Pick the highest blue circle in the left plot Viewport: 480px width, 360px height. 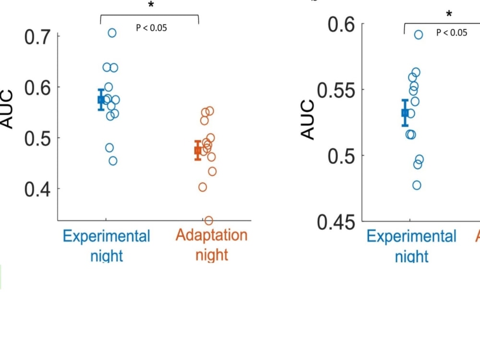pos(112,33)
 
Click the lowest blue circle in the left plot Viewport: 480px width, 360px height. pos(113,161)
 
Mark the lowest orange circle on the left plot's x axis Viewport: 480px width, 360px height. pos(209,221)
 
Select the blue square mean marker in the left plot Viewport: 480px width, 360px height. pos(101,99)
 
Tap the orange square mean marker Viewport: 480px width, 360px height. pos(198,150)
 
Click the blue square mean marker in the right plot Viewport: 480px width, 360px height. pos(405,113)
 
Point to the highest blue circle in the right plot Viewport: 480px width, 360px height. pos(419,35)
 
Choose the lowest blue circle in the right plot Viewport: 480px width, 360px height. pos(417,185)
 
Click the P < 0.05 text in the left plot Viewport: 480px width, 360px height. pos(151,28)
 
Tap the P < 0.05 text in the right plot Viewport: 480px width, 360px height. pos(451,33)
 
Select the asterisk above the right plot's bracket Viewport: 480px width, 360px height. pos(449,14)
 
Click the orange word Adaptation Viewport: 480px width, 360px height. pos(212,235)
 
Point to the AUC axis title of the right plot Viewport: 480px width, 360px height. pos(308,120)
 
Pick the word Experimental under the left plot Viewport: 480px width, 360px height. pos(107,236)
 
